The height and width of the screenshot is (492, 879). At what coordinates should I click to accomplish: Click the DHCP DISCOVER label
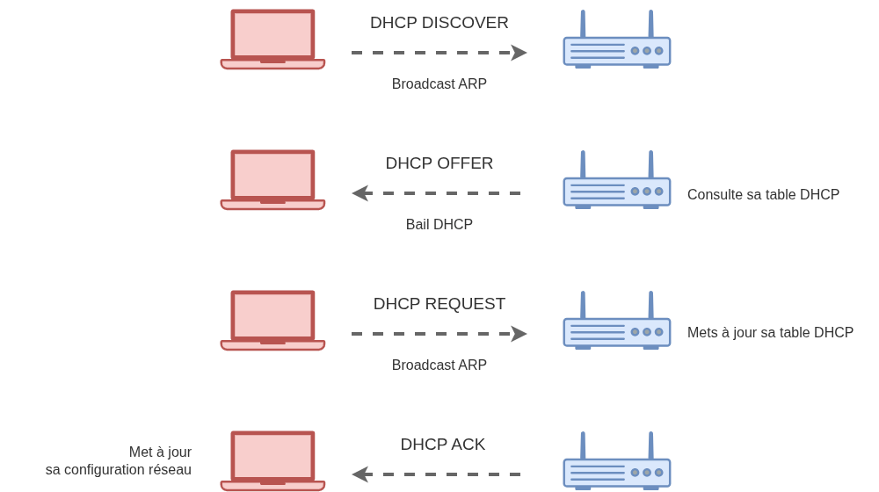click(439, 23)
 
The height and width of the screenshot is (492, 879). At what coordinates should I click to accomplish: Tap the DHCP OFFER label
click(439, 163)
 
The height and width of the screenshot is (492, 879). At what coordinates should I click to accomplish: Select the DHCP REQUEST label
click(439, 304)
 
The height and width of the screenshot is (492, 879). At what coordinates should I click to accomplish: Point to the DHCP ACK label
click(443, 445)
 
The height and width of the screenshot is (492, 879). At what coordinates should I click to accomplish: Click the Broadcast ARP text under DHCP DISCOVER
click(439, 84)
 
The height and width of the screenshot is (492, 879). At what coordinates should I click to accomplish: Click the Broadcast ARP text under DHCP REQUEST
click(439, 365)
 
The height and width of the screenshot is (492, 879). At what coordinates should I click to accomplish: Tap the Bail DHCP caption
click(439, 224)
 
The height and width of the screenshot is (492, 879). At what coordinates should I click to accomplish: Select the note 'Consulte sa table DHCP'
click(763, 193)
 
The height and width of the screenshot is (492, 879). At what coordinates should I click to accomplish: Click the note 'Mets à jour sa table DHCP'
click(770, 333)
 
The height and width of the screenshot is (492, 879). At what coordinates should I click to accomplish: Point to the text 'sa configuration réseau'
click(119, 470)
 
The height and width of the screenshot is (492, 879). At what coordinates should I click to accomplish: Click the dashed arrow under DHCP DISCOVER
click(438, 53)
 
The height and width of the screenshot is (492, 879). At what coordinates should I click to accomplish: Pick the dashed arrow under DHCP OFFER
click(438, 193)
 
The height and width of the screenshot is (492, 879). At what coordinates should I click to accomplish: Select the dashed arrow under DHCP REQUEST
click(438, 334)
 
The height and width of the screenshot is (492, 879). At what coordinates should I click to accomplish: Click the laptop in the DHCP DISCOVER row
click(272, 40)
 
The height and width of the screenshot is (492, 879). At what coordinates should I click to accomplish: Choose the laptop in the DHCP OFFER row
click(272, 180)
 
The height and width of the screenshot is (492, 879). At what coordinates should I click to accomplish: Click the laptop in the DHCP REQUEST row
click(272, 321)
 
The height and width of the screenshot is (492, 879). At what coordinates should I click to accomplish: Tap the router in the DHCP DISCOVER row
click(617, 46)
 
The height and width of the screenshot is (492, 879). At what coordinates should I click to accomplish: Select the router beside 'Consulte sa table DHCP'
click(617, 185)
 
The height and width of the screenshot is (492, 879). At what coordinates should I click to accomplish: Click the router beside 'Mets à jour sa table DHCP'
click(617, 326)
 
